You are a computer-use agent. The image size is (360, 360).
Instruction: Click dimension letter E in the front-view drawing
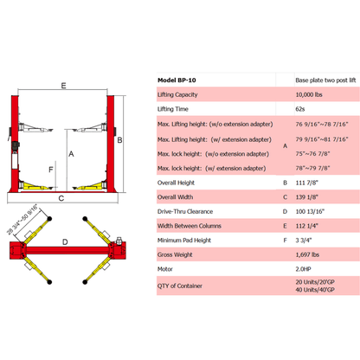[x=64, y=85]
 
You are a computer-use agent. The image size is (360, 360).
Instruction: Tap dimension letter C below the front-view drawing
[x=61, y=198]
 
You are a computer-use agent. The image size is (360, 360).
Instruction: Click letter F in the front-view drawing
[x=53, y=170]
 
